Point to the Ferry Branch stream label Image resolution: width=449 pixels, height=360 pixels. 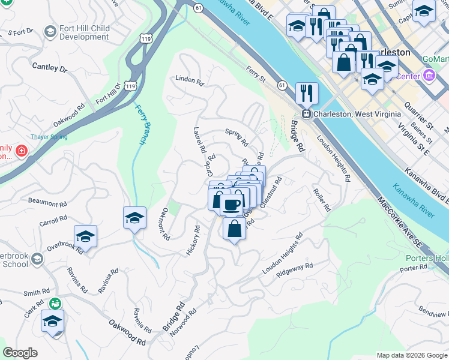[x=141, y=124]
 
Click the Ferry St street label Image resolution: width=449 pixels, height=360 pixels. [x=255, y=74]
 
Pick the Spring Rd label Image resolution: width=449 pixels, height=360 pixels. [x=236, y=136]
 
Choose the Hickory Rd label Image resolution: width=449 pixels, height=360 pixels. [x=193, y=241]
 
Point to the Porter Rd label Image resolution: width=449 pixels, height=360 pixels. [x=412, y=268]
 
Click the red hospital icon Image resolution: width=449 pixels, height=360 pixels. [x=22, y=150]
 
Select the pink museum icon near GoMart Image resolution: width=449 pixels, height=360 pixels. [x=429, y=76]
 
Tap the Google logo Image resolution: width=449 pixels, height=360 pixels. [x=20, y=353]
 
